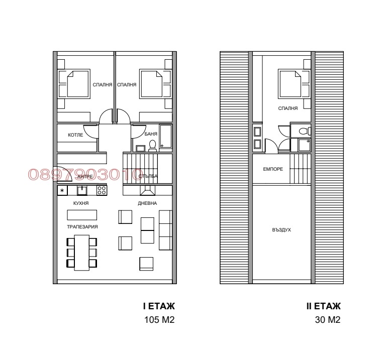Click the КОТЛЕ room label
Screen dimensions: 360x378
[68, 136]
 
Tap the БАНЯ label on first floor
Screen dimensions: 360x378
[150, 135]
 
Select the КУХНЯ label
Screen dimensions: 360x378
[80, 203]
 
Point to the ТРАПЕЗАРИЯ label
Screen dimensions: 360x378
[82, 227]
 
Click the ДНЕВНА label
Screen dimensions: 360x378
[147, 203]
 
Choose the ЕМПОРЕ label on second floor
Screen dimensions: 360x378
[273, 169]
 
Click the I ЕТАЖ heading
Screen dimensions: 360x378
[159, 306]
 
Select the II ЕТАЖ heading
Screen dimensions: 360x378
[324, 306]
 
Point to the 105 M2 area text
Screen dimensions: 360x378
[159, 320]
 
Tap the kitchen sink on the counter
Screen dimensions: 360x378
[81, 190]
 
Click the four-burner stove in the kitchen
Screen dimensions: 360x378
[101, 190]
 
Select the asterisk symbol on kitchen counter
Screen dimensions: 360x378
[62, 190]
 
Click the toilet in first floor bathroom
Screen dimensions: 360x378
[152, 146]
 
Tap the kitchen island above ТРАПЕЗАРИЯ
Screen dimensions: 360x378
[82, 215]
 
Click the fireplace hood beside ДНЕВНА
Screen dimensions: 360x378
[147, 190]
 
